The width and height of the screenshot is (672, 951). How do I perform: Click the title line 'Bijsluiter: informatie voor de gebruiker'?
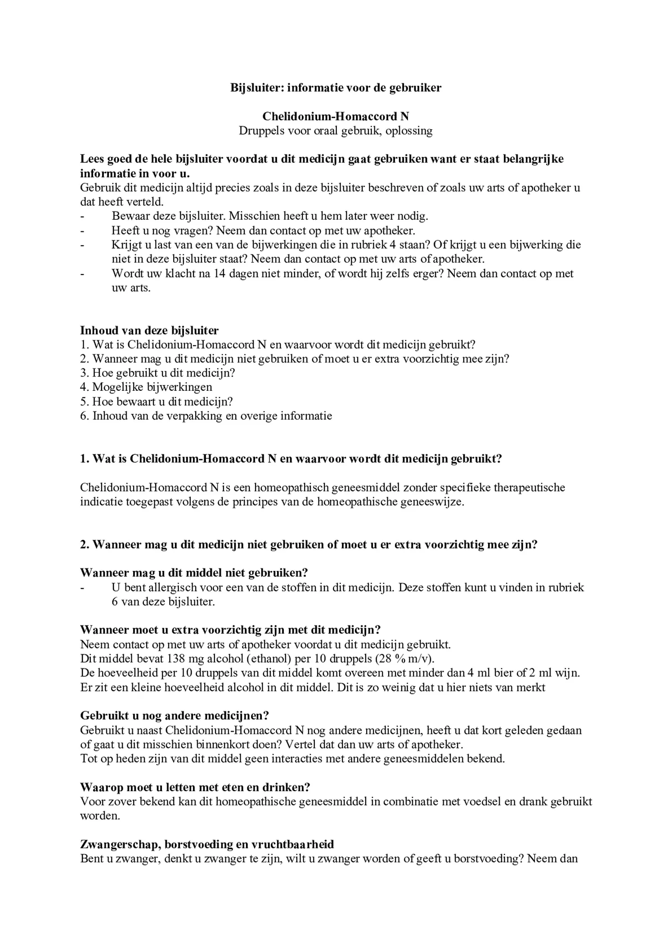click(x=336, y=88)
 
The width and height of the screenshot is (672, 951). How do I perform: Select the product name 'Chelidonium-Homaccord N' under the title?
click(x=336, y=117)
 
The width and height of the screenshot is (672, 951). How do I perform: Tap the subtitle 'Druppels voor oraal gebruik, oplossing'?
click(x=336, y=131)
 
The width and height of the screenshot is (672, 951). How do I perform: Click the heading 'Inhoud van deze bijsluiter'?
click(x=149, y=331)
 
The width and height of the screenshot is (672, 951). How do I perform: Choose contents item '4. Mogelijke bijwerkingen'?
click(x=146, y=387)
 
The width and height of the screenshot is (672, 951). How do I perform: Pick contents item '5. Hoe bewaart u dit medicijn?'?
click(x=157, y=401)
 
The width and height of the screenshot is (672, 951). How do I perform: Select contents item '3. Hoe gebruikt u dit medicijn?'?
click(x=158, y=373)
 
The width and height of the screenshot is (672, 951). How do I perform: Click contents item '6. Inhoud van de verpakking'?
click(x=206, y=416)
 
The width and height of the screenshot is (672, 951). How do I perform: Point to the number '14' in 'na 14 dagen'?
click(x=220, y=274)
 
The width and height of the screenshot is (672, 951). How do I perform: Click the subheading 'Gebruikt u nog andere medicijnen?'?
click(x=175, y=716)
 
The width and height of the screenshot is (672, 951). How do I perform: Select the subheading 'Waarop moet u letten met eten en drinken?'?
click(x=195, y=787)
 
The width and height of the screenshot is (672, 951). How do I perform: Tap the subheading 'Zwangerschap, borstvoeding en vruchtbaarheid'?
click(x=207, y=844)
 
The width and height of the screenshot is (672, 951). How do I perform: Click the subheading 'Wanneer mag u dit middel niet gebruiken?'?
click(x=194, y=573)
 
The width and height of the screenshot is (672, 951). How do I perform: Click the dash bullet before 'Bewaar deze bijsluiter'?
click(x=82, y=217)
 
